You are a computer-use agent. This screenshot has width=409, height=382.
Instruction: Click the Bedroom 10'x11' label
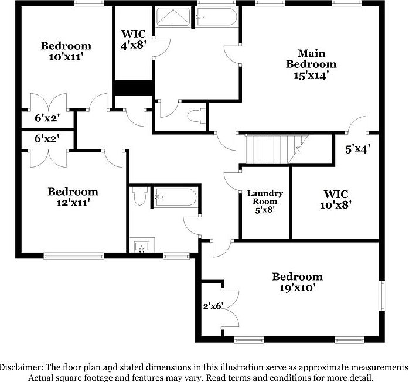pyautogui.click(x=66, y=51)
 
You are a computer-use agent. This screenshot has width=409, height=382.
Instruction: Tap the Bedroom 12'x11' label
pyautogui.click(x=73, y=197)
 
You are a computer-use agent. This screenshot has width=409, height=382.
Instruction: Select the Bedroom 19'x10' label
pyautogui.click(x=297, y=282)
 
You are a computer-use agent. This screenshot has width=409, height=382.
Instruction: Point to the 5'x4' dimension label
pyautogui.click(x=357, y=149)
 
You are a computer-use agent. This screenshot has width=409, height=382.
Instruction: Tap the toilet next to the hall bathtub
pyautogui.click(x=138, y=196)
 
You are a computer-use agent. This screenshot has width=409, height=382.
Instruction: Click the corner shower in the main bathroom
pyautogui.click(x=173, y=18)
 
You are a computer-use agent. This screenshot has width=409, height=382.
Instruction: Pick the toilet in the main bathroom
pyautogui.click(x=199, y=114)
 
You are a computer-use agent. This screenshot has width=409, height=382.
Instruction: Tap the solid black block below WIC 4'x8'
pyautogui.click(x=133, y=87)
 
